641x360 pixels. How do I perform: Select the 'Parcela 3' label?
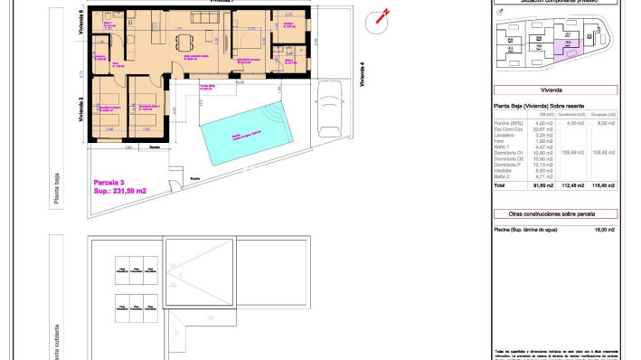point(111,182)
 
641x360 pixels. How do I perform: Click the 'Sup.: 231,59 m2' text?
point(120,191)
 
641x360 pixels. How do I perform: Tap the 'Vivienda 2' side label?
point(81,108)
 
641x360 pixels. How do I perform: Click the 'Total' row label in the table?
point(499,185)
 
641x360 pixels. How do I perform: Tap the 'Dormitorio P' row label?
point(507,165)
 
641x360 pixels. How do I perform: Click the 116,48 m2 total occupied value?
point(603,185)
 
